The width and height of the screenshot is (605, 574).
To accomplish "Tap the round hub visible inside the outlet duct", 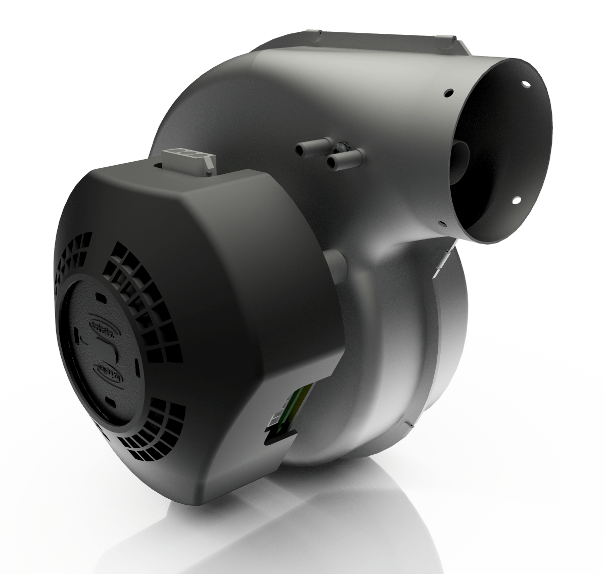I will click(x=463, y=152).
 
